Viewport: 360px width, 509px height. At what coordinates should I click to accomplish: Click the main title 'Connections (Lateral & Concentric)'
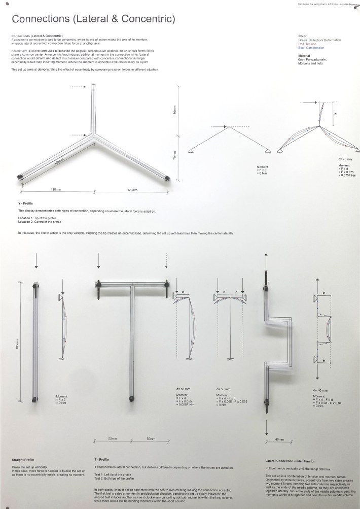tap(93, 20)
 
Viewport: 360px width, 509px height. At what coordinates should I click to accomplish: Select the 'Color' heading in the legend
tap(303, 37)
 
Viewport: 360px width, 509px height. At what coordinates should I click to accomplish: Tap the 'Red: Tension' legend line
tap(309, 44)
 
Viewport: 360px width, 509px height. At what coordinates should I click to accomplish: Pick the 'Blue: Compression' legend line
tap(312, 48)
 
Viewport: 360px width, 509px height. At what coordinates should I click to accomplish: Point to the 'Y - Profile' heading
tap(25, 203)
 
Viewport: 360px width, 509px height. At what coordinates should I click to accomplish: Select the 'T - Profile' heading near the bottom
tap(102, 460)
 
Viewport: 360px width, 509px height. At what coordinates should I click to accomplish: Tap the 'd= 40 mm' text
tap(320, 390)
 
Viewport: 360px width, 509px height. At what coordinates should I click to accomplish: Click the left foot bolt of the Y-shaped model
tap(21, 177)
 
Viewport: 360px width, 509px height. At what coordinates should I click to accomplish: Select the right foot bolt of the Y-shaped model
tap(168, 178)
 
